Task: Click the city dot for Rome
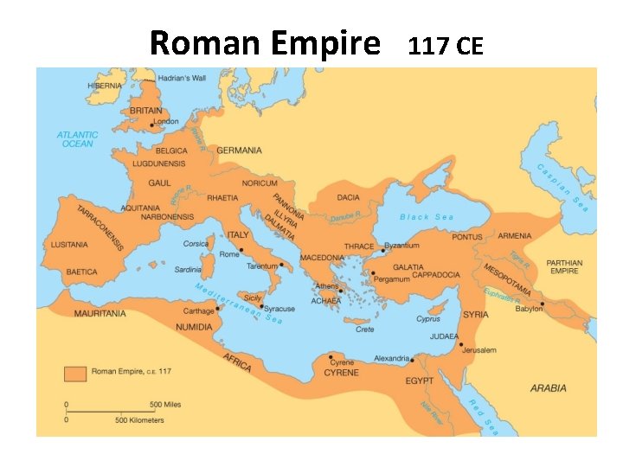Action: pos(242,250)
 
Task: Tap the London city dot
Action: pos(152,125)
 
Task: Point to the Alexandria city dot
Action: pos(412,360)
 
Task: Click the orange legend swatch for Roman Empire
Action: pos(75,374)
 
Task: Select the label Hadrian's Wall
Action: pos(181,78)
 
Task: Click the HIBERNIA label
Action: pos(106,86)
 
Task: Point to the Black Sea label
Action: pos(426,217)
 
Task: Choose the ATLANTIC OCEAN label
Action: pos(78,139)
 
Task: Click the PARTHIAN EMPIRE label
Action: pos(565,266)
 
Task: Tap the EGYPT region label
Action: pos(420,381)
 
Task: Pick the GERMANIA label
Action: pos(239,150)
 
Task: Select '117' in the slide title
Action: pos(426,45)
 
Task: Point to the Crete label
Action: pos(365,329)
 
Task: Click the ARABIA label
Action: pos(549,388)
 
